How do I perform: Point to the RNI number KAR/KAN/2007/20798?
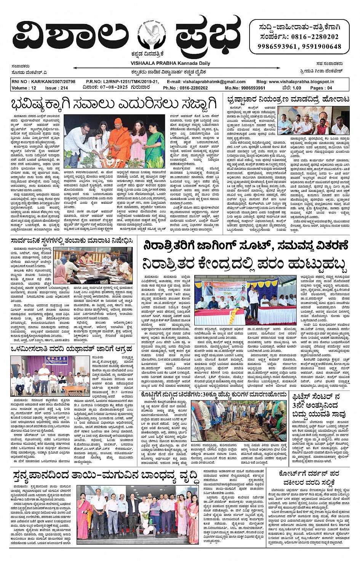(x=43, y=82)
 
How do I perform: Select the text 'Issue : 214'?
(x=56, y=88)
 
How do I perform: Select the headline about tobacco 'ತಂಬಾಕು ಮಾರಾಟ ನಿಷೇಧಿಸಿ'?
(x=71, y=240)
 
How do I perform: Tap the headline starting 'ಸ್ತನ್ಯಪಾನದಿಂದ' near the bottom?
(x=104, y=476)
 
